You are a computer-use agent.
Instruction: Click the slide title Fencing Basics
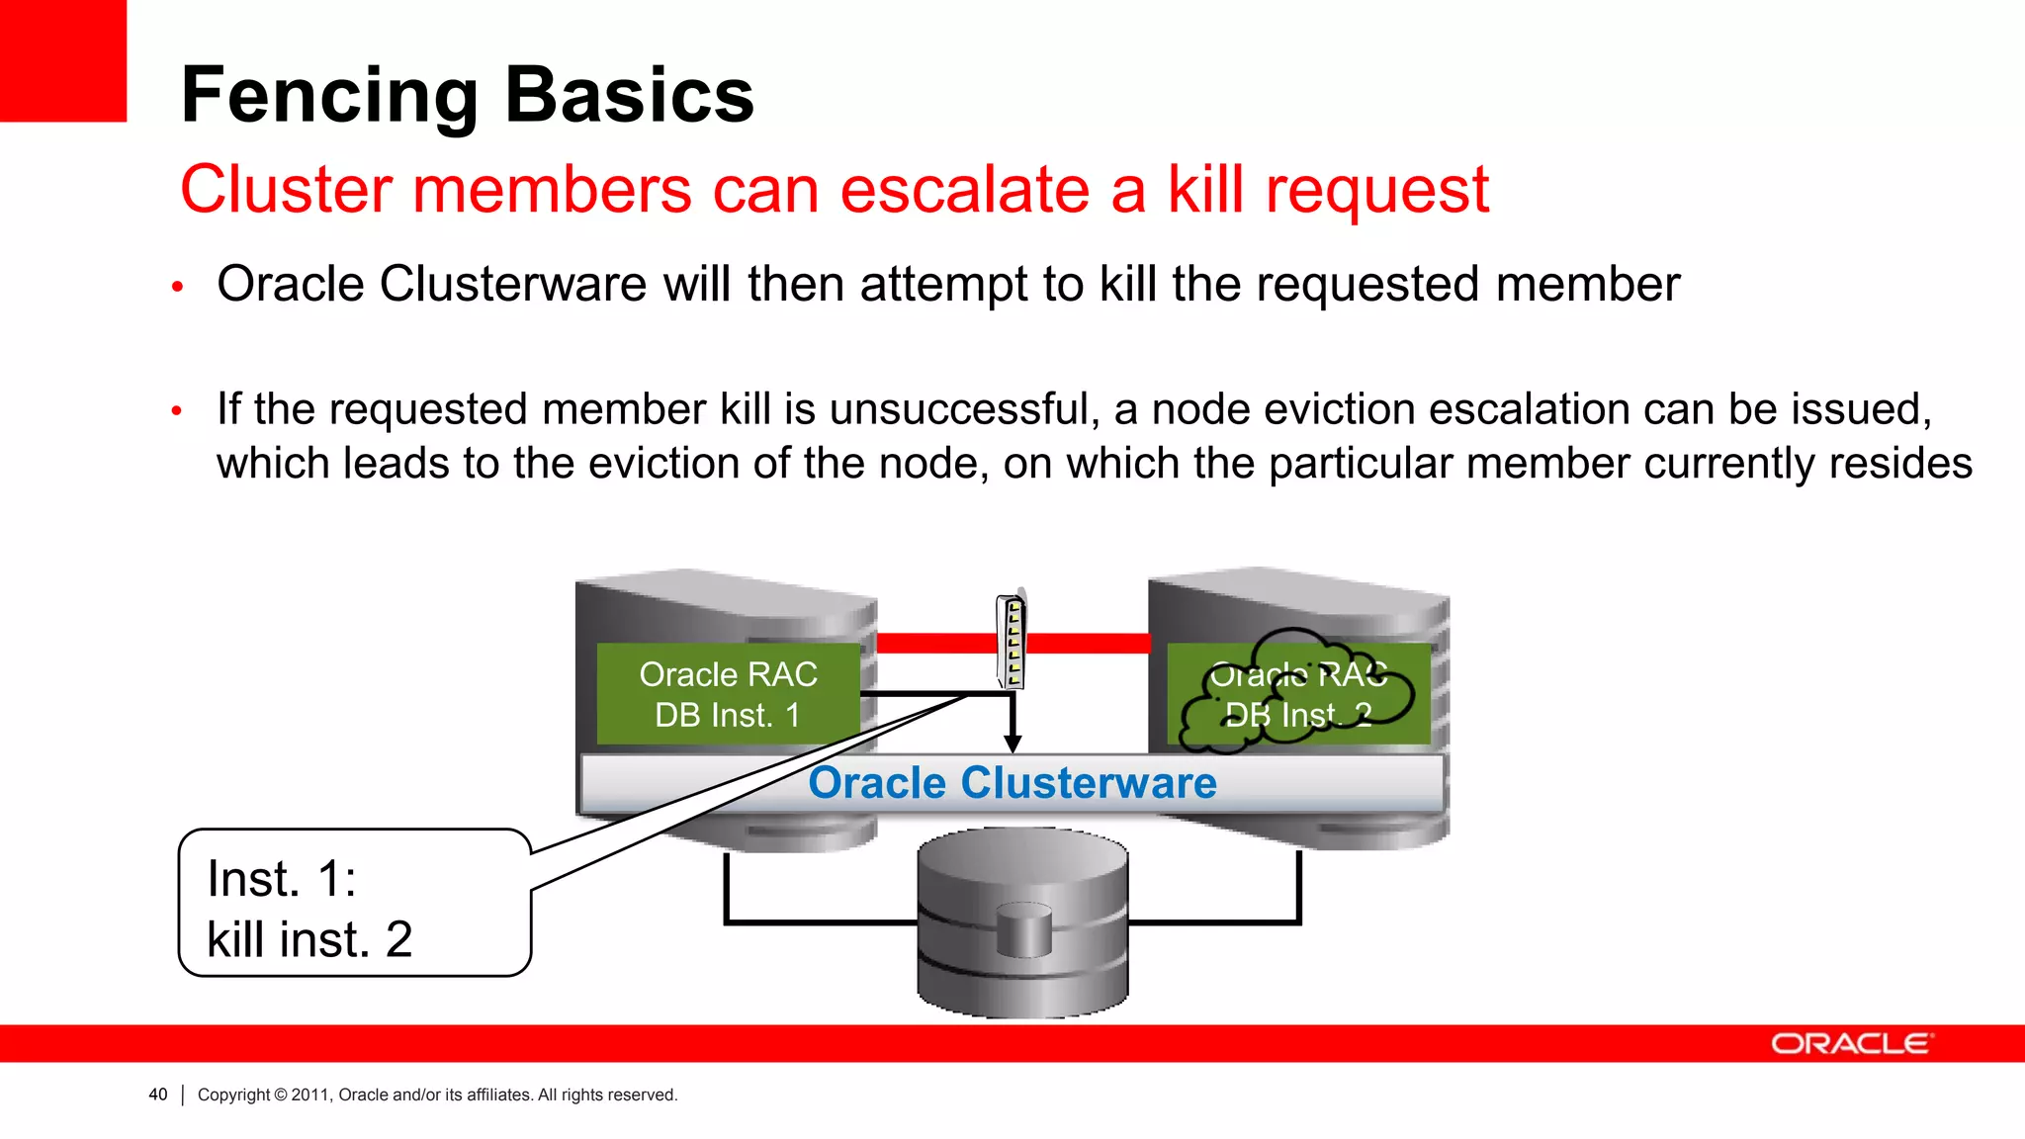(x=467, y=95)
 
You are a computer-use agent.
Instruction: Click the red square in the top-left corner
(x=62, y=59)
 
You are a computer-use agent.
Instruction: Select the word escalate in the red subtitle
(x=964, y=189)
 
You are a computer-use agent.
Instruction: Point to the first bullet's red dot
(x=178, y=288)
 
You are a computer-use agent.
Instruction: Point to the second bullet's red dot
(x=177, y=410)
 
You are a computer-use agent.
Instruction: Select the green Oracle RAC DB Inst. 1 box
(x=728, y=694)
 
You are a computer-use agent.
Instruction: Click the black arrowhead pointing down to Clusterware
(x=1012, y=743)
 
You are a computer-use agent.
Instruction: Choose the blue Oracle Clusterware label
(x=1012, y=783)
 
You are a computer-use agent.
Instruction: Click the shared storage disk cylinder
(x=1022, y=921)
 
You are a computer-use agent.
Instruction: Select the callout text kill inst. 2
(x=309, y=939)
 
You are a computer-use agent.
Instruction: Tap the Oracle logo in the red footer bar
(x=1850, y=1044)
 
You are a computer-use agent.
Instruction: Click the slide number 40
(x=158, y=1095)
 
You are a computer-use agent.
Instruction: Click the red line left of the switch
(x=935, y=643)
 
